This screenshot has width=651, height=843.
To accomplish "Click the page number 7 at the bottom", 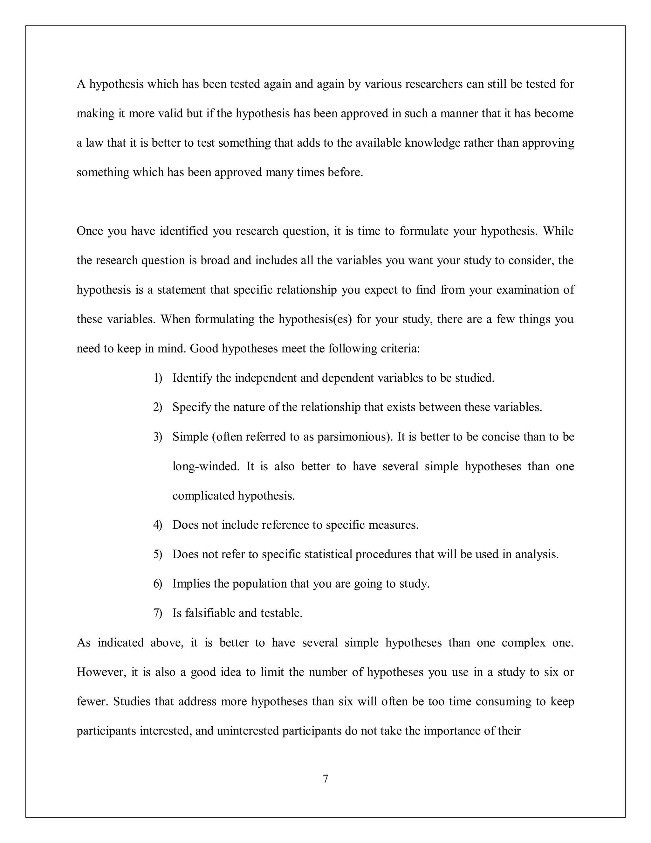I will click(x=325, y=779).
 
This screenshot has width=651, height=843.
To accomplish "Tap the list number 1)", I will click(x=158, y=378).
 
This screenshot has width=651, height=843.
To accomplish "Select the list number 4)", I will click(x=158, y=525).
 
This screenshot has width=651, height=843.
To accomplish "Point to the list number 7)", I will click(x=158, y=613).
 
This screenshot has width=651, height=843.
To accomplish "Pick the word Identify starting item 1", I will click(x=192, y=378).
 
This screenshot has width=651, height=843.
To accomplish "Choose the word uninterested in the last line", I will click(x=248, y=731).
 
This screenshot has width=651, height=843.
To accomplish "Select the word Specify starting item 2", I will click(x=192, y=408).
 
